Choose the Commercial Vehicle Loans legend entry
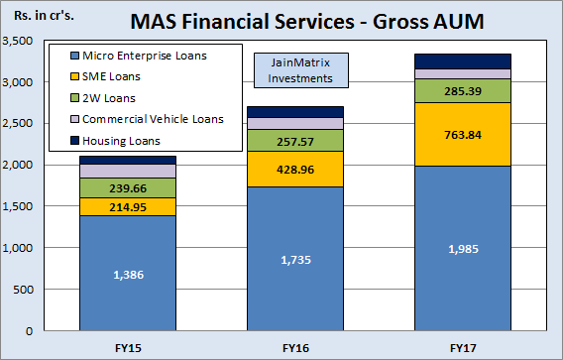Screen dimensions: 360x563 tap(153, 119)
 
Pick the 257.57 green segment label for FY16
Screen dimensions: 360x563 tap(295, 141)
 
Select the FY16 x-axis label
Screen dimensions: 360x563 tap(295, 347)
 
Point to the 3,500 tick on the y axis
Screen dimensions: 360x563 tap(19, 41)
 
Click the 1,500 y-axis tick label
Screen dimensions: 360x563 tap(19, 206)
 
